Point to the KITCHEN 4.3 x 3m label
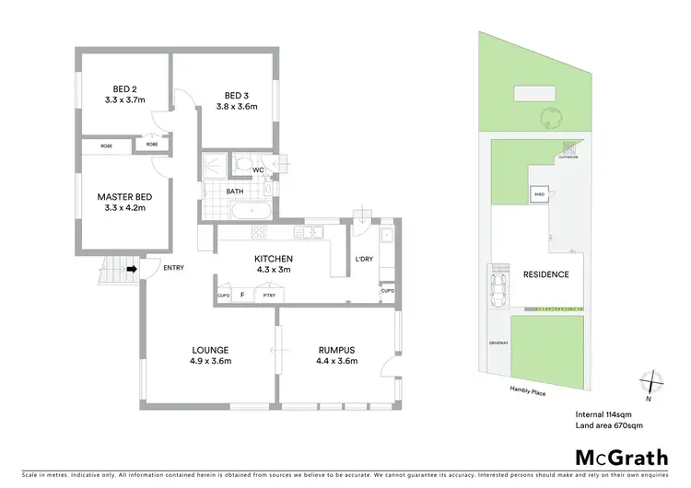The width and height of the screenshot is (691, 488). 273,264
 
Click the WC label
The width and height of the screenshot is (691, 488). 258,168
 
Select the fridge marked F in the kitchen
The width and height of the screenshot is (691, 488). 242,295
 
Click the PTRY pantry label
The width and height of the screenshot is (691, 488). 269,296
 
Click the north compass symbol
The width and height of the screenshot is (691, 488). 652,379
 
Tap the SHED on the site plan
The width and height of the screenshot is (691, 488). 538,194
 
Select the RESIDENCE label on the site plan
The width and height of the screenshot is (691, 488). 545,274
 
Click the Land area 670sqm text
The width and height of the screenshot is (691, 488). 609,425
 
